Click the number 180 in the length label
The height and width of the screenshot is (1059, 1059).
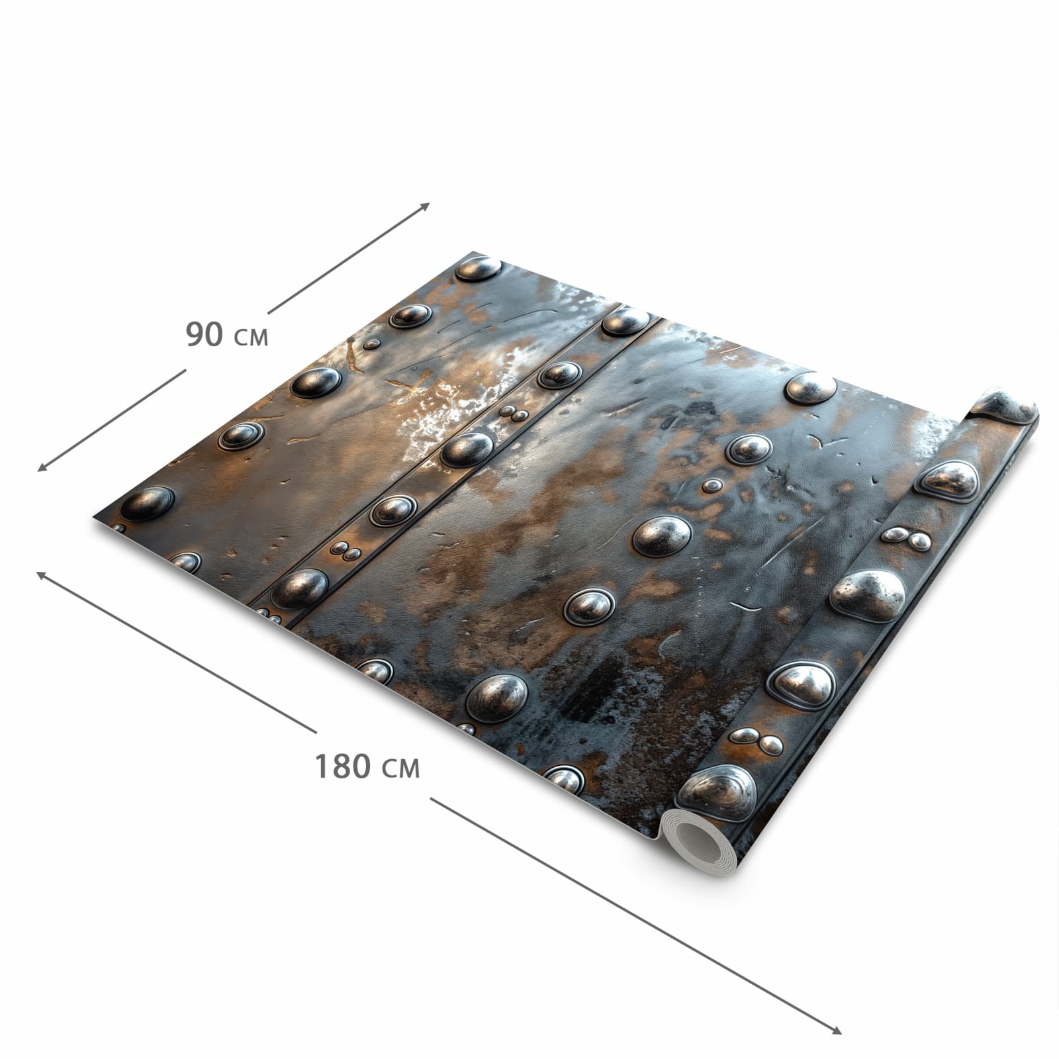coord(342,766)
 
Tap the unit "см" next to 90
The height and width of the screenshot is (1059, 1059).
coord(252,338)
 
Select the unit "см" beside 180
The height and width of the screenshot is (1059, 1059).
coord(401,769)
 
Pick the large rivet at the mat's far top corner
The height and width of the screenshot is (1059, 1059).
coord(478,268)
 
